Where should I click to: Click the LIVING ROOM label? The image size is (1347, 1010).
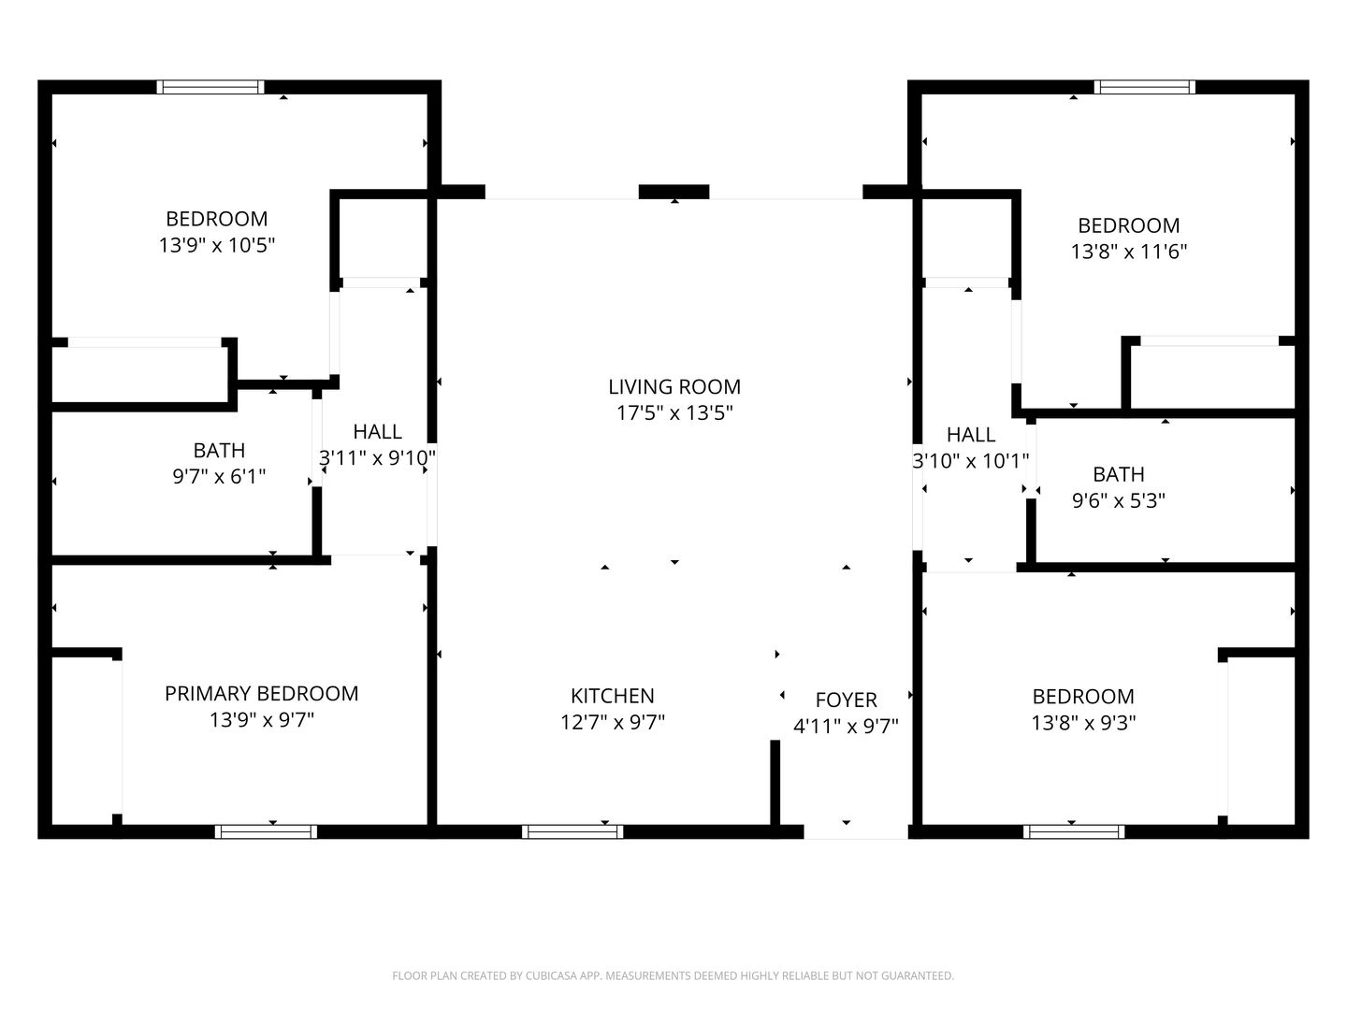click(x=673, y=386)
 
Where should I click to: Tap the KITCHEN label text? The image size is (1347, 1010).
click(x=613, y=696)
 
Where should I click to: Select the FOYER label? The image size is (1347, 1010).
click(x=846, y=700)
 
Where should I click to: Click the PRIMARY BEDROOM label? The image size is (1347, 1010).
click(x=261, y=693)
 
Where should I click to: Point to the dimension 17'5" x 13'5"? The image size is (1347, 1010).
click(x=673, y=412)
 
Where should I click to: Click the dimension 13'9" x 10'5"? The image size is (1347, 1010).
click(x=216, y=245)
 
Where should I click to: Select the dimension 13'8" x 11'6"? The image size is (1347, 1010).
click(x=1128, y=252)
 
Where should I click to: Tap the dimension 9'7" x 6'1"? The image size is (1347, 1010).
click(x=219, y=477)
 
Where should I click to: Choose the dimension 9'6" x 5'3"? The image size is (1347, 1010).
click(x=1118, y=500)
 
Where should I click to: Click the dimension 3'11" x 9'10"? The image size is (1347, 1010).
click(x=377, y=458)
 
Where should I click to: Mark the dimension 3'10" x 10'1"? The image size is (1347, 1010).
click(x=970, y=460)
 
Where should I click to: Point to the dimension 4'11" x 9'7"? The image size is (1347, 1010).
click(x=846, y=726)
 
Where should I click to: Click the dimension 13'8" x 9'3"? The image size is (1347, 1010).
click(x=1083, y=723)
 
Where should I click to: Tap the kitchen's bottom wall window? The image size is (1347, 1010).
click(x=572, y=831)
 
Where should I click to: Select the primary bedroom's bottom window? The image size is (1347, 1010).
click(x=266, y=831)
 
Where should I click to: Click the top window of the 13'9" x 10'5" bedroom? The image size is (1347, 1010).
click(x=210, y=87)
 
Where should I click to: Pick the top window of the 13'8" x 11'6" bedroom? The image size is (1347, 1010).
click(x=1145, y=87)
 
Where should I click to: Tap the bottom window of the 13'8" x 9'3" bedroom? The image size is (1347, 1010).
click(x=1074, y=831)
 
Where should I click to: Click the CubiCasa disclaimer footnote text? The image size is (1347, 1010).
click(x=673, y=975)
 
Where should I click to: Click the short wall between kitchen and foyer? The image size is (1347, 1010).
click(x=775, y=783)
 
